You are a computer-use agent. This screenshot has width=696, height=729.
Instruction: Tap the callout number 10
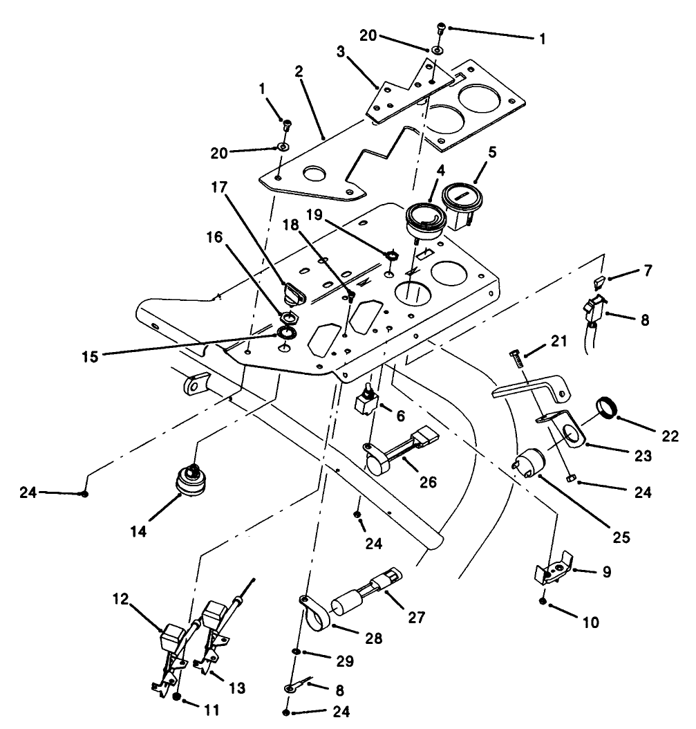tap(590, 622)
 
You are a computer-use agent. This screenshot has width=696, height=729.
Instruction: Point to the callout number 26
tap(429, 482)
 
